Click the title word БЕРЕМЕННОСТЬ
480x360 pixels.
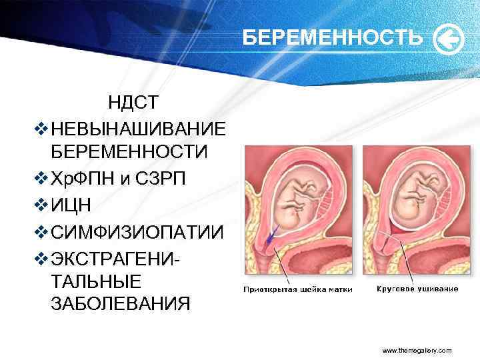tap(331, 39)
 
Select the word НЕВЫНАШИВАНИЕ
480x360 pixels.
tap(137, 127)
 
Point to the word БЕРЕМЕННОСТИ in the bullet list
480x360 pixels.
tap(129, 151)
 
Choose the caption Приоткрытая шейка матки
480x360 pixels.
tap(297, 289)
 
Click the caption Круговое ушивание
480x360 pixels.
tap(417, 289)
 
